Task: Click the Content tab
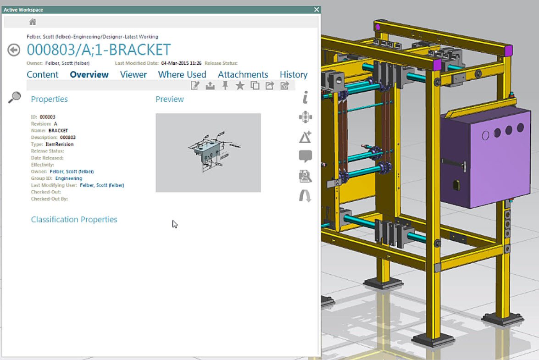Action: click(43, 74)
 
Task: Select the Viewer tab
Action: click(133, 74)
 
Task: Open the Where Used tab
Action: click(182, 74)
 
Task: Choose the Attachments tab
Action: click(243, 74)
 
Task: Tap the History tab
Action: click(294, 74)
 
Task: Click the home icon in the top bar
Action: click(33, 22)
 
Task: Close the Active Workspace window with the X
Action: click(317, 10)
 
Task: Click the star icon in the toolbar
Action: click(240, 85)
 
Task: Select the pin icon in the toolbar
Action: click(225, 85)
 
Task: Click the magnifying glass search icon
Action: click(15, 97)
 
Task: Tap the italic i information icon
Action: click(305, 97)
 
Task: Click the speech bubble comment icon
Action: click(305, 156)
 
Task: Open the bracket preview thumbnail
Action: click(208, 152)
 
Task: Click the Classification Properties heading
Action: click(74, 219)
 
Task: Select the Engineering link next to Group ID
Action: click(69, 178)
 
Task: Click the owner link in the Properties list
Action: click(72, 172)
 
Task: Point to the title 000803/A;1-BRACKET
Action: click(99, 50)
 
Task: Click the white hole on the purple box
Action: click(486, 135)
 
